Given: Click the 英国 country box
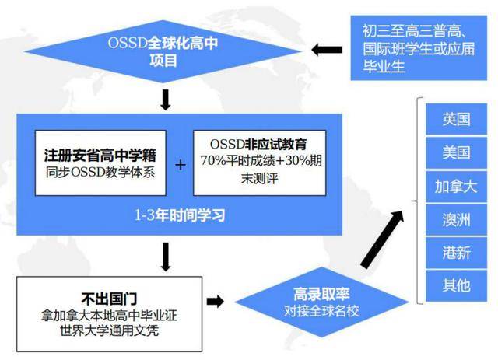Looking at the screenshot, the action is click(456, 119).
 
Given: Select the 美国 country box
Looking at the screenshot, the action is click(456, 152).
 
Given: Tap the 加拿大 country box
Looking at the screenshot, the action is click(456, 187).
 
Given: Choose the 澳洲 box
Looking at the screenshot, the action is click(456, 220).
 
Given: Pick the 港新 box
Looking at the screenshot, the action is click(456, 253).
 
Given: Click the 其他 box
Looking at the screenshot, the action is click(456, 285).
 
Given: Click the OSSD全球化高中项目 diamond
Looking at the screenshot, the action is click(163, 51).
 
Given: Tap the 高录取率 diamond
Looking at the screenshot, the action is click(321, 302).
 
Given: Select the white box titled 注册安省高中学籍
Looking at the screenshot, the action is click(100, 163).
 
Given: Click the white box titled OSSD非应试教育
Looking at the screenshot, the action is click(259, 163).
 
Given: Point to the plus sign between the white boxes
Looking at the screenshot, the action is click(180, 165).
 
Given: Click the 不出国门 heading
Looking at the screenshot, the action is click(109, 299).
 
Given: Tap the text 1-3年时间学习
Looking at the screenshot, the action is click(180, 215).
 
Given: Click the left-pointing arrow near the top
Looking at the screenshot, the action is click(327, 50).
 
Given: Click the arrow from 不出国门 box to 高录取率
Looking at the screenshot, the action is click(215, 301).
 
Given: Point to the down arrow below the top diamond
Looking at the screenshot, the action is click(166, 100).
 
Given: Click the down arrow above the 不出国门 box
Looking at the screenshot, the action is click(166, 257).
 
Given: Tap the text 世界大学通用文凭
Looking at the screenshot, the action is click(109, 330).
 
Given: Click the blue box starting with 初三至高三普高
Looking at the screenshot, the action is click(419, 47).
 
